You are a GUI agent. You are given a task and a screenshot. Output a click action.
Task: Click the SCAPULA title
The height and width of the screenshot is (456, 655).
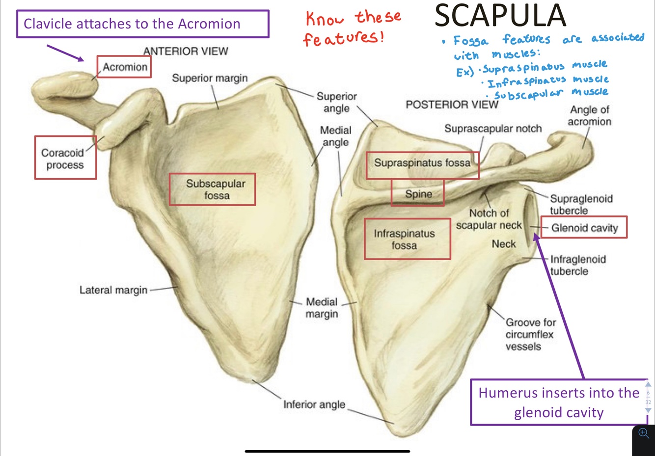500,16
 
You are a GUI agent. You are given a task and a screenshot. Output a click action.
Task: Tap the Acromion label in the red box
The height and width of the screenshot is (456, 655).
124,67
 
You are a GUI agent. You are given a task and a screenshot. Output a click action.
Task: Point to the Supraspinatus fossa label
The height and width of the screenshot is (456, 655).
422,162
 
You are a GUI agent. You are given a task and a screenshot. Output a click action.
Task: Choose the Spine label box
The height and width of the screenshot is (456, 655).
418,193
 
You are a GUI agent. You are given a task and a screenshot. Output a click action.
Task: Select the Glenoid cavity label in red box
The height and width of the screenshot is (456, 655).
584,228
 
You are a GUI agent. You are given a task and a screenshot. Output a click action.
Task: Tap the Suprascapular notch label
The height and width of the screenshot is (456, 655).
492,129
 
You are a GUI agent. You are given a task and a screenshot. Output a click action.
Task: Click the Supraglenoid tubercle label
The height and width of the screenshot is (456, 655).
580,204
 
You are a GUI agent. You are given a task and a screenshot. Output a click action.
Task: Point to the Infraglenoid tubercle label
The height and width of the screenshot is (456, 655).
577,265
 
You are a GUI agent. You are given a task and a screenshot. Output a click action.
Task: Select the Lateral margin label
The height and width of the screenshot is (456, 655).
113,290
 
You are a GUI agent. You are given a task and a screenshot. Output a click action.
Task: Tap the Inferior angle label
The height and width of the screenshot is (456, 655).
314,404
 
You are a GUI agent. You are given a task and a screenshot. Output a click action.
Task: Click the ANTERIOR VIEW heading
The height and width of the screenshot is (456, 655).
186,51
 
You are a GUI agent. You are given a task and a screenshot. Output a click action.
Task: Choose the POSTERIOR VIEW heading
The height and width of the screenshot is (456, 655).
451,105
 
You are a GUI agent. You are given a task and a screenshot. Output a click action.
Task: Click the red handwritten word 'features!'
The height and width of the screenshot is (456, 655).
343,38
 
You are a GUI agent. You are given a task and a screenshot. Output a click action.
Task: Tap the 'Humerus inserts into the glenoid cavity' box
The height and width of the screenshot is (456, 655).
559,402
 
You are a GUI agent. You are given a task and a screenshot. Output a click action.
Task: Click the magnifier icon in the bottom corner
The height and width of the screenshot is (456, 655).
643,433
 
